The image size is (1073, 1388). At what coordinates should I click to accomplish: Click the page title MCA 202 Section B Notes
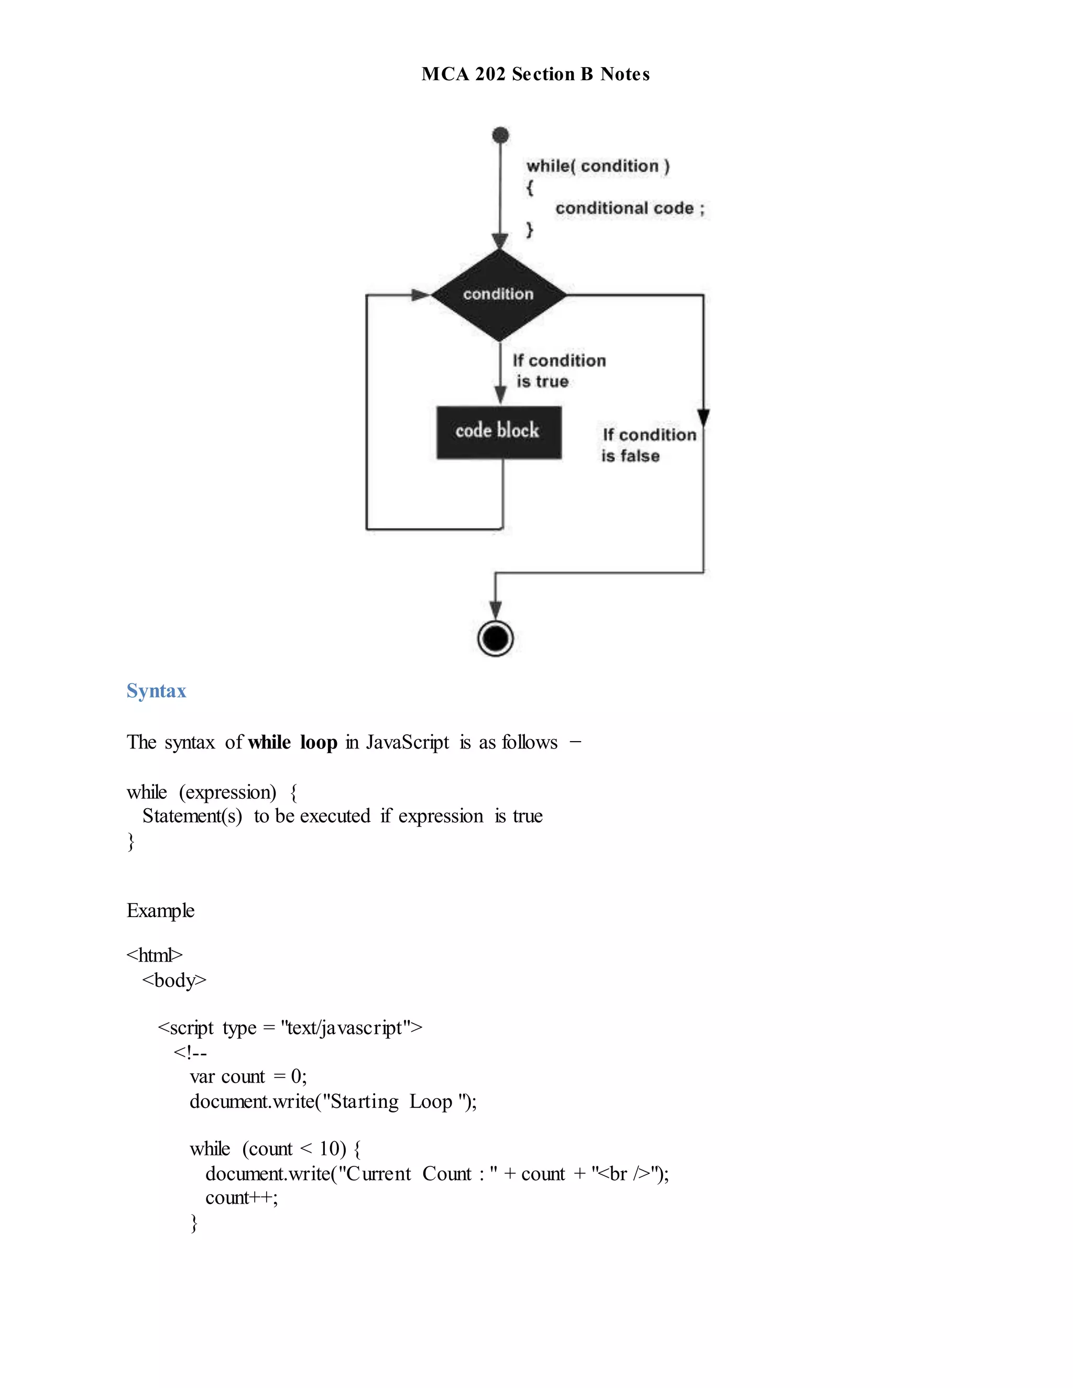[x=535, y=74]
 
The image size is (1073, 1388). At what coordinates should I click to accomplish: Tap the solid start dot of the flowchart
[x=501, y=135]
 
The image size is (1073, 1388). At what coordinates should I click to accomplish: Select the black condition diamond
[x=499, y=295]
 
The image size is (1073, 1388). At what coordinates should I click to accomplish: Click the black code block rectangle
[x=499, y=432]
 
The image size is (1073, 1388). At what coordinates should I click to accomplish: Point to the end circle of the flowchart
[x=495, y=638]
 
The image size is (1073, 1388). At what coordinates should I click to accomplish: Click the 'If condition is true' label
[x=558, y=370]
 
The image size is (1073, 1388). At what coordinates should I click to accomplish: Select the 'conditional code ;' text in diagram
[x=629, y=208]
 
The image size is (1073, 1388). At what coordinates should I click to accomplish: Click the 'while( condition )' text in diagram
[x=597, y=166]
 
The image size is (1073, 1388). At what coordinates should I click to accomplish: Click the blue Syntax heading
[x=156, y=691]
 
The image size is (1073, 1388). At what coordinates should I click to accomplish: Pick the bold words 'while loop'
[x=292, y=742]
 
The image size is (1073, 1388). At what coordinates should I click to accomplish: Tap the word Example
[x=160, y=910]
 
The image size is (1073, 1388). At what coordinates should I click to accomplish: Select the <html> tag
[x=155, y=954]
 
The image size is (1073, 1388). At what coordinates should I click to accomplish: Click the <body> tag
[x=174, y=980]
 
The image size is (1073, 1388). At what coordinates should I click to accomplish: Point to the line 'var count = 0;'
[x=248, y=1076]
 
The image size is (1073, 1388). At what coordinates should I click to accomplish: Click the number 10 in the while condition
[x=330, y=1149]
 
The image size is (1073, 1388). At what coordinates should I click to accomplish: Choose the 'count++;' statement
[x=242, y=1197]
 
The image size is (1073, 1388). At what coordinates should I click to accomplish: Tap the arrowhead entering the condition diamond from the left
[x=421, y=295]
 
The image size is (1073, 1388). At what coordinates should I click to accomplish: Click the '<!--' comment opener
[x=190, y=1052]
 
